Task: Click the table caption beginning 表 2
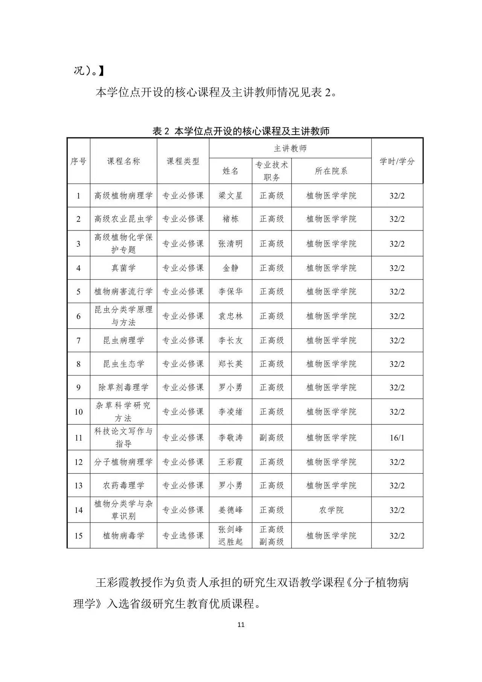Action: click(x=241, y=131)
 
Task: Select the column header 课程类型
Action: click(x=183, y=162)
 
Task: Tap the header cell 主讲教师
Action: click(x=290, y=148)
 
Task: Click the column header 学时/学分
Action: click(x=397, y=162)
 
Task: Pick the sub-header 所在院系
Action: click(x=331, y=171)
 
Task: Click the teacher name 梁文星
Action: click(x=230, y=196)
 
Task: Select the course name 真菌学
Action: click(x=124, y=268)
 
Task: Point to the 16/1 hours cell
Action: click(x=397, y=438)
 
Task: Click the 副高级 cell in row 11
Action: click(x=272, y=438)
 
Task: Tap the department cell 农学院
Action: click(x=331, y=510)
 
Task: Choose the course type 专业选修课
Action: click(x=183, y=536)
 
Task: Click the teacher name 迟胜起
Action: click(x=230, y=542)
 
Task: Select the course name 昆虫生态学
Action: click(x=124, y=364)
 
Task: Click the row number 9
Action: click(x=78, y=388)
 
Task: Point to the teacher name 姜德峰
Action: click(x=230, y=510)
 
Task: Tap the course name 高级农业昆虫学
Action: click(x=124, y=219)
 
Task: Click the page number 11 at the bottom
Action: click(x=241, y=624)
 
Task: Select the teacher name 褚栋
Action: click(x=230, y=219)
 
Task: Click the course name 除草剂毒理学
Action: click(x=124, y=388)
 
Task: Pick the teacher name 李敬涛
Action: click(x=230, y=438)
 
